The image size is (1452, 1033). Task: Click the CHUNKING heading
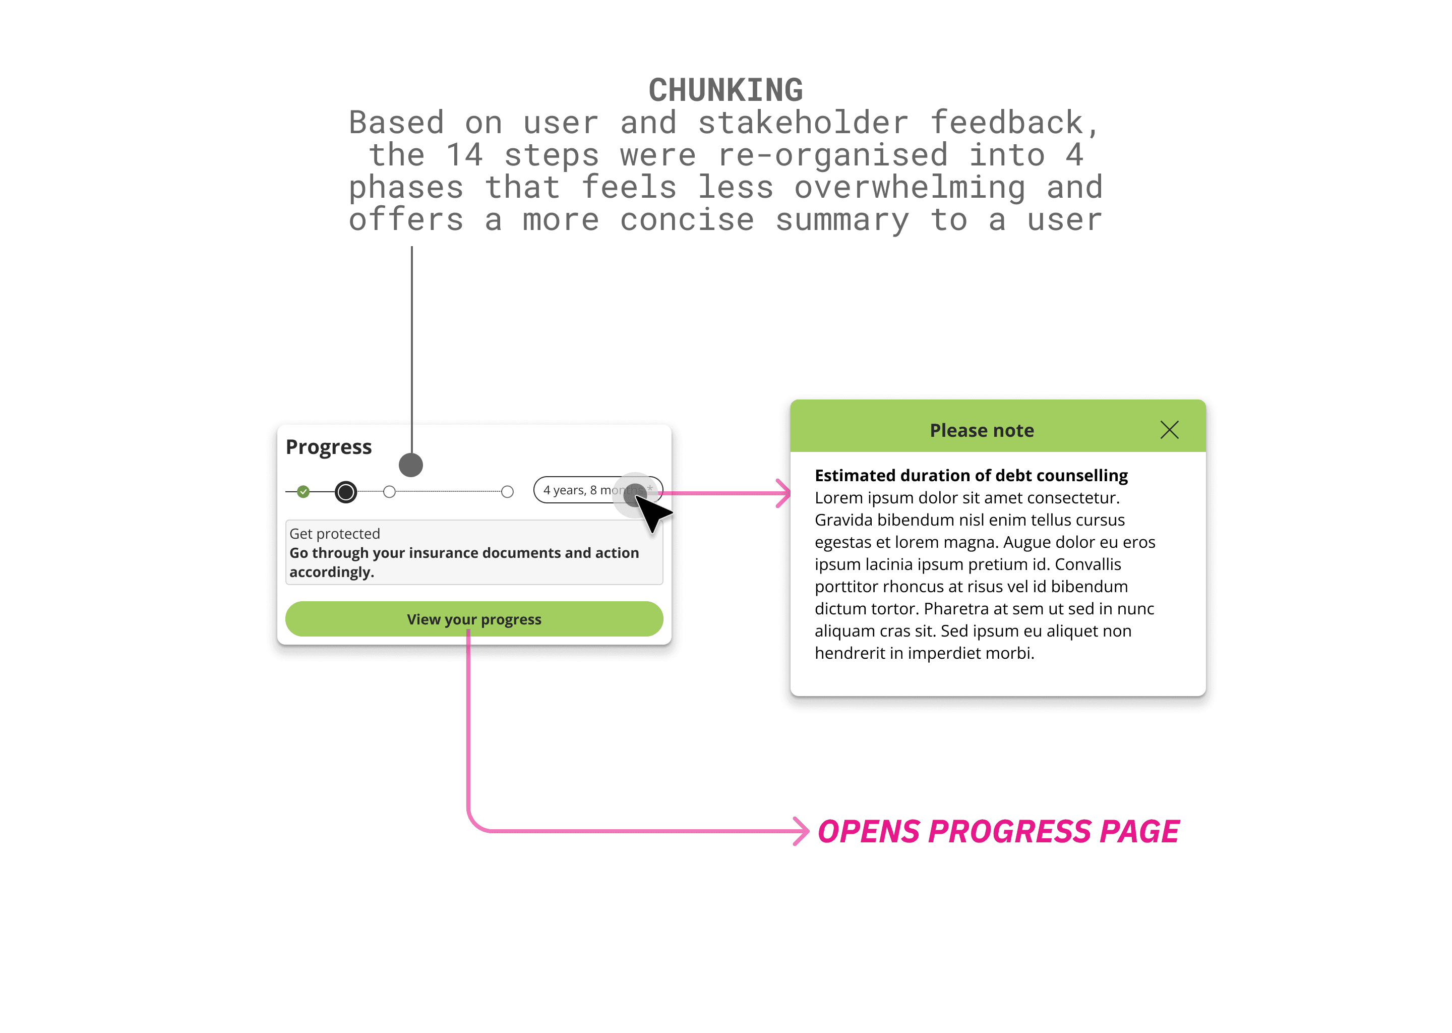(x=725, y=90)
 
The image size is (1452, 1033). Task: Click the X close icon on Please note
(x=1169, y=430)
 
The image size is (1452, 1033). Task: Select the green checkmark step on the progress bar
(x=303, y=492)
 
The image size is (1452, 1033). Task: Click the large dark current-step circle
(x=346, y=492)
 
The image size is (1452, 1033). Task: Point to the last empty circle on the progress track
(x=507, y=492)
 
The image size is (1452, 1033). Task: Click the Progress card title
(x=329, y=447)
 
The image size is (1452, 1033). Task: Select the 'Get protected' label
(x=334, y=534)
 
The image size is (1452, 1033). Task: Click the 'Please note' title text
(x=982, y=431)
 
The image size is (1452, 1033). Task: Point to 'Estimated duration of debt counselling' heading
(x=971, y=476)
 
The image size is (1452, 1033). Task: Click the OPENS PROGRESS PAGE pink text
(x=998, y=831)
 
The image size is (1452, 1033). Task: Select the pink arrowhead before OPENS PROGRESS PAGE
(x=802, y=831)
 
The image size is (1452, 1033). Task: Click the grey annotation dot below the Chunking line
(x=411, y=465)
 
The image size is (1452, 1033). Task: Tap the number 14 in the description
(x=464, y=155)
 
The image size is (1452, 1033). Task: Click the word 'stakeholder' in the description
(x=804, y=123)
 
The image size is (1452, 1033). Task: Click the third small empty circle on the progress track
(x=390, y=492)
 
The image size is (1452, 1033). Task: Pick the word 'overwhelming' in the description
(x=909, y=188)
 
